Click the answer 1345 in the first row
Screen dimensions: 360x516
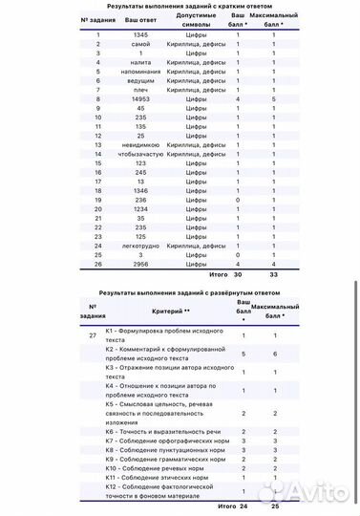(x=139, y=35)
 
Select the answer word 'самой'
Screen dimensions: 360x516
(x=139, y=44)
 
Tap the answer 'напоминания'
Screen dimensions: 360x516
(x=139, y=72)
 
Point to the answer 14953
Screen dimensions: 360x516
(x=139, y=98)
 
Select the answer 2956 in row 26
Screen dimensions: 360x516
(x=139, y=265)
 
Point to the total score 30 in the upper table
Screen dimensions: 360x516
(x=238, y=274)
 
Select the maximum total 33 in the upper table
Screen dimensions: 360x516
(x=274, y=274)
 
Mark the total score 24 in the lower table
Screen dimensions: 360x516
(x=244, y=505)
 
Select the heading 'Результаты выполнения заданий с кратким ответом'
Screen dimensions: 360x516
(x=179, y=5)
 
